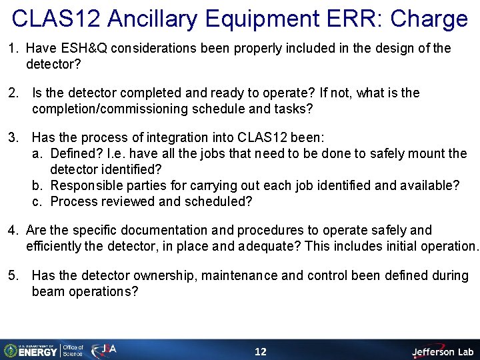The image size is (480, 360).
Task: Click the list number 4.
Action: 12,230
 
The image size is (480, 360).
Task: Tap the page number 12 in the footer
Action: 261,351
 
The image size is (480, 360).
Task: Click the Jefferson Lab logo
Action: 441,351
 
